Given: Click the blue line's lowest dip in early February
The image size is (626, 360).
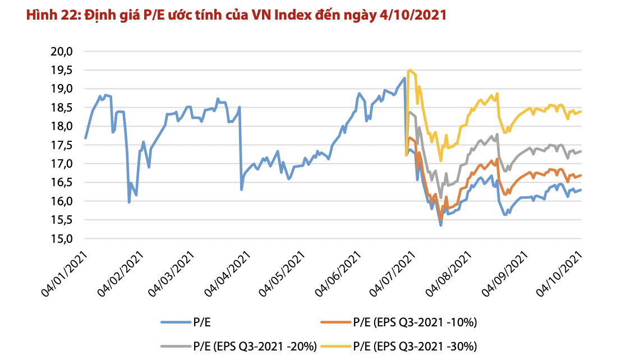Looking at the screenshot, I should point(129,202).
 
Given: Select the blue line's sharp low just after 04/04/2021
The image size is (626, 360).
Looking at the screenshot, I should point(241,190).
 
